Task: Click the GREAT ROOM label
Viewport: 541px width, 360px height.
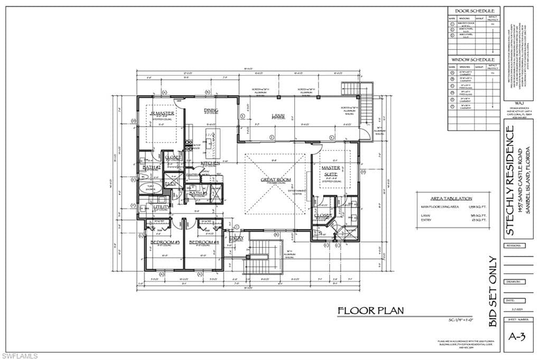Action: click(x=276, y=180)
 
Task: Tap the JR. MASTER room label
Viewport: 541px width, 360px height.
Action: click(x=162, y=113)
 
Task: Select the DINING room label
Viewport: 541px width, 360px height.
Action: click(x=211, y=110)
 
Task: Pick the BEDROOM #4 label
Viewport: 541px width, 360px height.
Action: click(x=204, y=242)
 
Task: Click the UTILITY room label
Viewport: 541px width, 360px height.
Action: click(x=161, y=207)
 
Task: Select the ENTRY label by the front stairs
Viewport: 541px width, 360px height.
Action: click(x=236, y=238)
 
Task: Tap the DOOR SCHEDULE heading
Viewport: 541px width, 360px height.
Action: click(x=474, y=11)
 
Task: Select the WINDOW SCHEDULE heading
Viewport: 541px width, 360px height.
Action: click(x=474, y=60)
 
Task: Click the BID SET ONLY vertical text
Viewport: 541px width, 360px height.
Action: click(x=492, y=291)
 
